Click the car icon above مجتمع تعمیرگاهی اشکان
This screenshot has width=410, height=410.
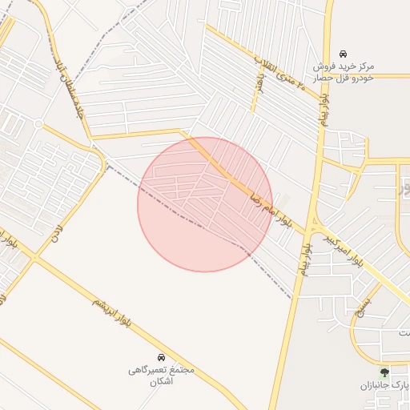click(x=162, y=357)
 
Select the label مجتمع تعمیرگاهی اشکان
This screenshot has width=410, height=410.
click(x=162, y=376)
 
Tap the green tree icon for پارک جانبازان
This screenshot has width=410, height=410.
click(x=385, y=372)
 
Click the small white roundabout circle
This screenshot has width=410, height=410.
click(x=38, y=124)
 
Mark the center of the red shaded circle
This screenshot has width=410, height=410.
click(x=205, y=204)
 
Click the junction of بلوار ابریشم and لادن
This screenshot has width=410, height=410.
click(x=34, y=257)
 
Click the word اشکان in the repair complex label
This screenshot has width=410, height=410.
click(x=162, y=382)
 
